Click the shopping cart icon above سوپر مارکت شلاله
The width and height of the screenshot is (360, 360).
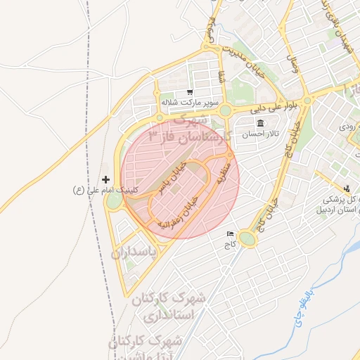(x=190, y=92)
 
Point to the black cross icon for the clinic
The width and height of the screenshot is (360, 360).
(x=106, y=179)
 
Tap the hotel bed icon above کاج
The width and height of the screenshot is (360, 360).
(x=230, y=234)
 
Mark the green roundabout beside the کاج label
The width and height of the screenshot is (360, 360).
(x=247, y=239)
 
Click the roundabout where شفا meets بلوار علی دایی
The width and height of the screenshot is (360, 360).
(x=224, y=110)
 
